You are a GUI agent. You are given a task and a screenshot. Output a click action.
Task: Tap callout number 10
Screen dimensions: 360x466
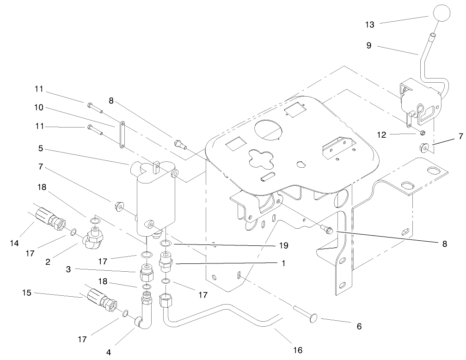pyautogui.click(x=39, y=107)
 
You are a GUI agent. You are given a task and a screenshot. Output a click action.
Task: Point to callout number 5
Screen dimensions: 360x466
pyautogui.click(x=40, y=149)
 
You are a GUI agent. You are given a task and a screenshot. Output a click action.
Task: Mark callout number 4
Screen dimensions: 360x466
pyautogui.click(x=109, y=352)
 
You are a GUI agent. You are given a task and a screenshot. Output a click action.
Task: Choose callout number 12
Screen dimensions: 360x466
pyautogui.click(x=381, y=135)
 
